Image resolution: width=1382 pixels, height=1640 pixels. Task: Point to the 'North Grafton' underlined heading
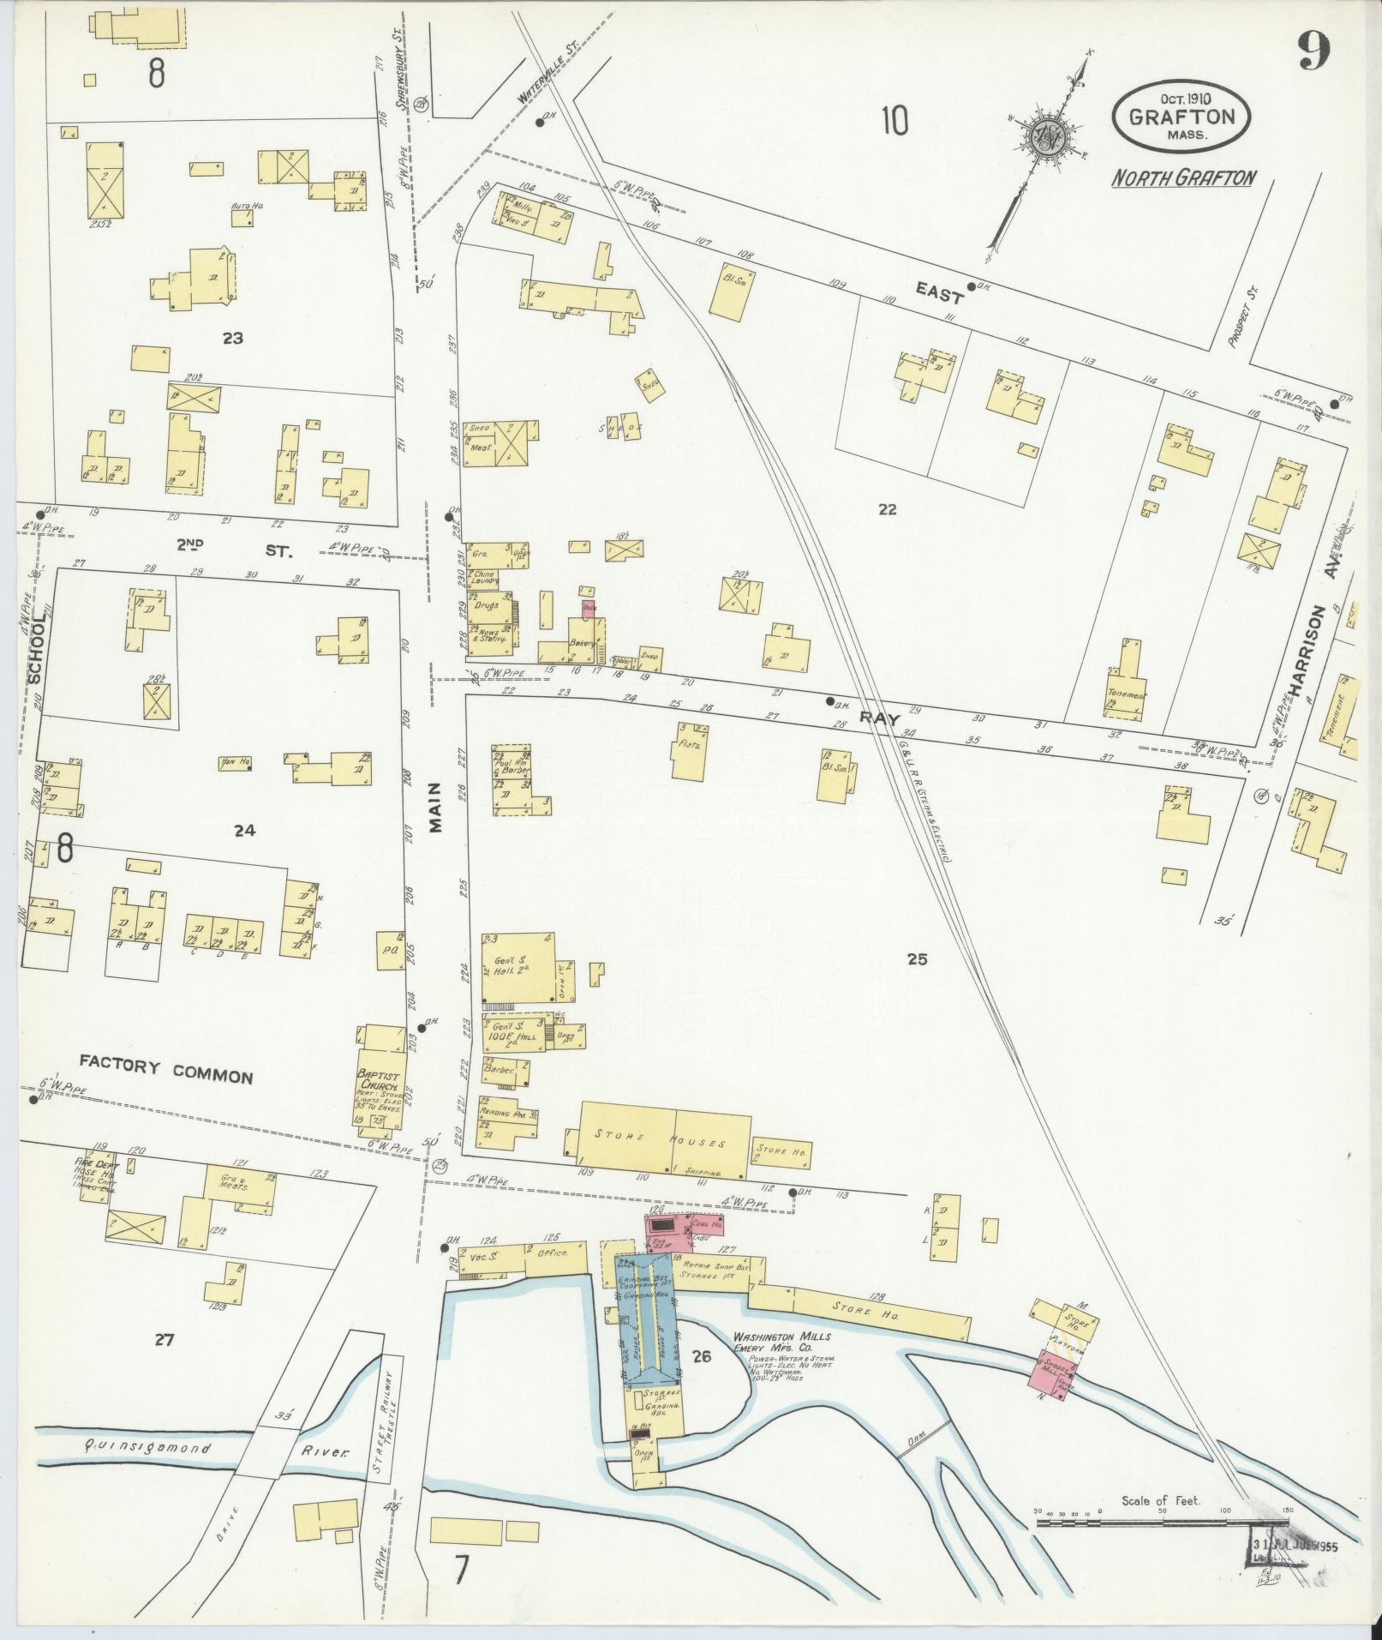click(1184, 178)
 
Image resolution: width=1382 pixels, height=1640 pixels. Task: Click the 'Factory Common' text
click(166, 1071)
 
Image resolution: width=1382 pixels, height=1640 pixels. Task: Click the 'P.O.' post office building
click(390, 950)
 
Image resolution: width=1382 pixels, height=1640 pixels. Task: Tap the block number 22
click(887, 509)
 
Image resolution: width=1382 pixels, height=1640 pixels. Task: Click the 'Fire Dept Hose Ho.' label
click(96, 1171)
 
